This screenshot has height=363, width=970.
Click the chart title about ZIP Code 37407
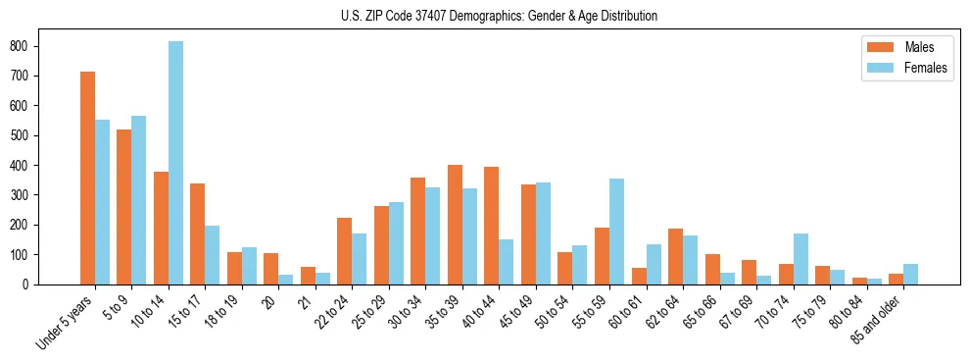(x=485, y=17)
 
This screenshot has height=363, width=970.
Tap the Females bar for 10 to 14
(x=175, y=163)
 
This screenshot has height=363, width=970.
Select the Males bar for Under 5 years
(x=87, y=178)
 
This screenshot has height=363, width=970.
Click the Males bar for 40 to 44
(x=491, y=226)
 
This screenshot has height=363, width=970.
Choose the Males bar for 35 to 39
(x=455, y=225)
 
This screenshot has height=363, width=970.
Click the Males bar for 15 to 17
(x=197, y=233)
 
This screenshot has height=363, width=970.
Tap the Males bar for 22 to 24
(x=344, y=251)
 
